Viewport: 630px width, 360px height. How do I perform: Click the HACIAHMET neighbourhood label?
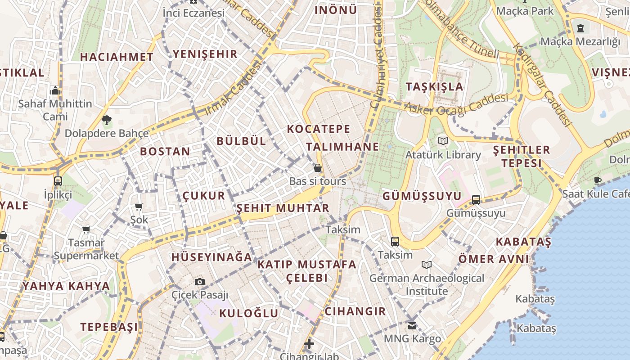[117, 57]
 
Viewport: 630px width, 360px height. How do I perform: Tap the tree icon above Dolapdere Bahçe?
[107, 120]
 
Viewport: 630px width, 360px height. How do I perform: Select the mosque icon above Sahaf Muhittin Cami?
[55, 90]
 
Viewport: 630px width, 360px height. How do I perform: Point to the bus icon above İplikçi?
[58, 181]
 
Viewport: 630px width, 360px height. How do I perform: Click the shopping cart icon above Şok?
[139, 207]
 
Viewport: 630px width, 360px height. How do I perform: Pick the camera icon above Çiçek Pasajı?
[200, 282]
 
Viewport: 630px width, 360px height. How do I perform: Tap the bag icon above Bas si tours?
[318, 168]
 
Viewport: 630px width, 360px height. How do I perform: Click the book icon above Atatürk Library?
[443, 141]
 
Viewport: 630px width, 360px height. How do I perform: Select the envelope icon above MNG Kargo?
[412, 325]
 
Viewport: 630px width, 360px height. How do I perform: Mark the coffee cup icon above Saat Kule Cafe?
[598, 180]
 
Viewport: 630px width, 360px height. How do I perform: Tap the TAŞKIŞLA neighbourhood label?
[434, 87]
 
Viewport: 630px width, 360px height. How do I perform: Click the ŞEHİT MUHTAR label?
[283, 208]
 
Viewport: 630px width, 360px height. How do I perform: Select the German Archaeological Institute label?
[427, 284]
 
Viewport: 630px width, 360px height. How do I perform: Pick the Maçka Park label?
[525, 10]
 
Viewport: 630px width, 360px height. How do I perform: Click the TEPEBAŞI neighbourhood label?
[109, 327]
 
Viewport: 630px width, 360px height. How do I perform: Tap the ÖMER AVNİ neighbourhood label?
[494, 259]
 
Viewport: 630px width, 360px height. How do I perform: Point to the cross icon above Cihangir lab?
[309, 344]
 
